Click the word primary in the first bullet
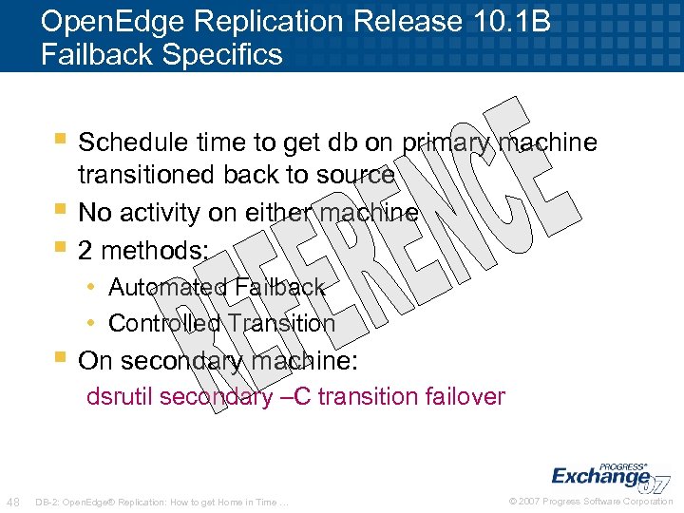445,142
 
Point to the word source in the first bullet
353,176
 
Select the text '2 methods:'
143,251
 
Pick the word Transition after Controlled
280,323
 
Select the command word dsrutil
120,396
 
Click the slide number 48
14,502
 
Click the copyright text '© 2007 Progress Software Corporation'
591,502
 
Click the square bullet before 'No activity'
61,207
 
